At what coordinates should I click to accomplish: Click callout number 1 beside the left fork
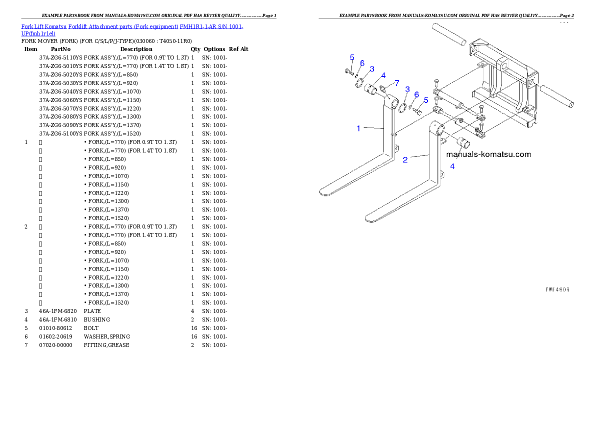(x=358, y=128)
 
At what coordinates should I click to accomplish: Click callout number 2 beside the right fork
(x=405, y=159)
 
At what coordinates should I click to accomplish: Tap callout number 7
(x=396, y=82)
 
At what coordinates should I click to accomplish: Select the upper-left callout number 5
(x=352, y=57)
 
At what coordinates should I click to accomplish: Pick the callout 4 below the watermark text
(x=452, y=166)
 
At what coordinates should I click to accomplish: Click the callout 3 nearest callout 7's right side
(x=407, y=89)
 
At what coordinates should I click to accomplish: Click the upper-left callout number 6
(x=362, y=63)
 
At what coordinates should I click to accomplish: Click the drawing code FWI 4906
(x=557, y=289)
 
